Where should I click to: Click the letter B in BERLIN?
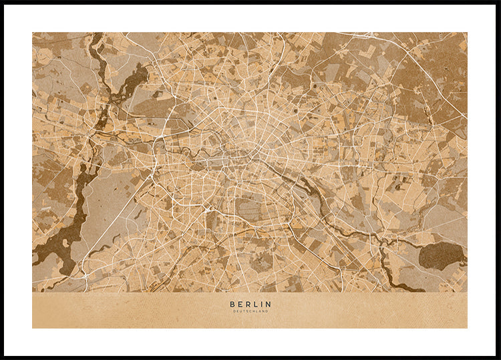click(232, 305)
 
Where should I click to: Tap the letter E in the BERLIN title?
click(239, 305)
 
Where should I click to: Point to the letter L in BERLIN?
click(255, 305)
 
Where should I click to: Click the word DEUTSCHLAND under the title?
click(251, 311)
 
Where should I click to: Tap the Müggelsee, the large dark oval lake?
click(440, 255)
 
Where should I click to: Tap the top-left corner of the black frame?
click(2, 2)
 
